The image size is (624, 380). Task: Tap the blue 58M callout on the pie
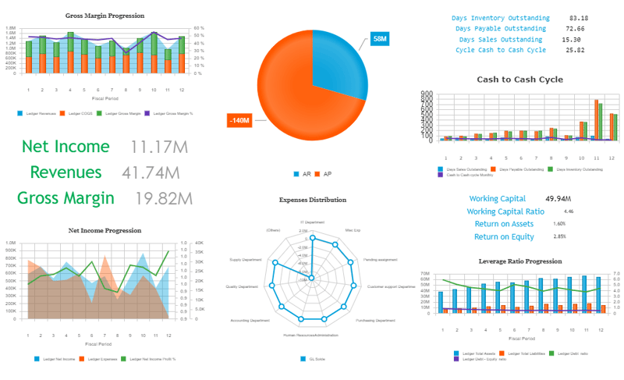[x=379, y=38]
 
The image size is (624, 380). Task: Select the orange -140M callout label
[x=239, y=120]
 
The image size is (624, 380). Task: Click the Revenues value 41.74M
[x=153, y=172]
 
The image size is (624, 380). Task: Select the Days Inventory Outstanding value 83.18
[x=579, y=18]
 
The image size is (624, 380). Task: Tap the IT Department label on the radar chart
[x=311, y=222]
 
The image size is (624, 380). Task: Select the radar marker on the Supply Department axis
[x=274, y=263]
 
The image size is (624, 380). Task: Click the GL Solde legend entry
[x=316, y=359]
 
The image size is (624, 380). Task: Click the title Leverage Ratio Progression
[x=519, y=261]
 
